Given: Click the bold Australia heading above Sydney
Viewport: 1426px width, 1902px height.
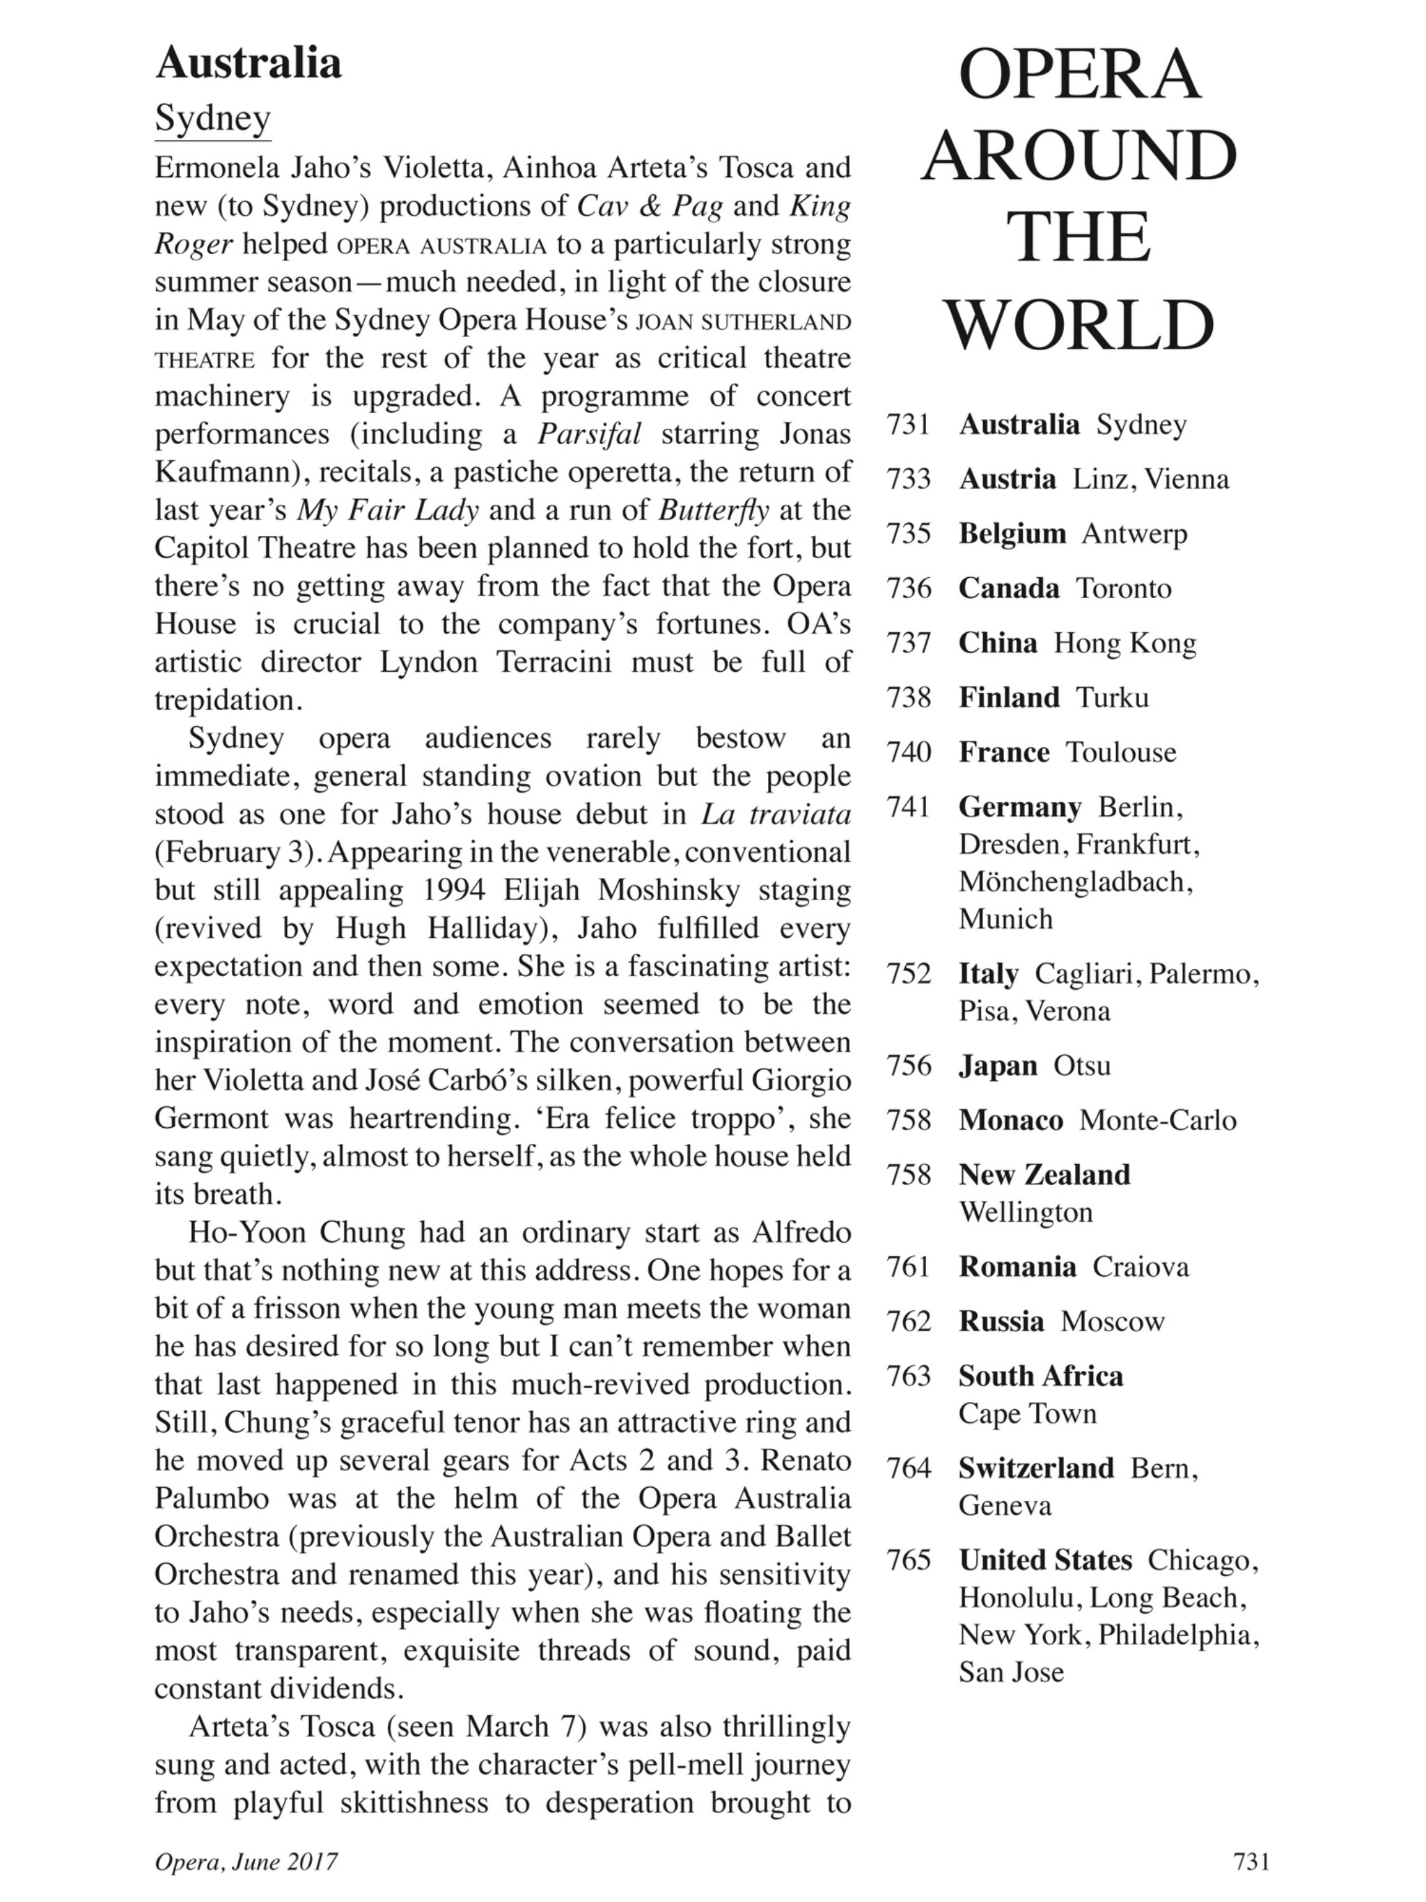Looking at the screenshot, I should click(248, 63).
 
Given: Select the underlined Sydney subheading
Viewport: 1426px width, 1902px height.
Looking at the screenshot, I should click(212, 118).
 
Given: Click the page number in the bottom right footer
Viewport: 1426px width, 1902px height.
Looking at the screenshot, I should click(1251, 1861).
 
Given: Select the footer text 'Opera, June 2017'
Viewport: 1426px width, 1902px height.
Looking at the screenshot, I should click(246, 1862).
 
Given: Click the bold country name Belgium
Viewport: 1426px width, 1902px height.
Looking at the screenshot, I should click(1012, 534).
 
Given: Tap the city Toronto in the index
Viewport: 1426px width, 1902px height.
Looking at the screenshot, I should click(1124, 588).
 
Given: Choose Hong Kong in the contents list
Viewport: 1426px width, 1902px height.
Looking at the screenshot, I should click(1125, 643).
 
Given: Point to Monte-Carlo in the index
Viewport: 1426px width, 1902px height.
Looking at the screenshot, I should click(1158, 1120).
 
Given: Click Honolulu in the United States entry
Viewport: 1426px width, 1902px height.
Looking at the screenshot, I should click(1020, 1597).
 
